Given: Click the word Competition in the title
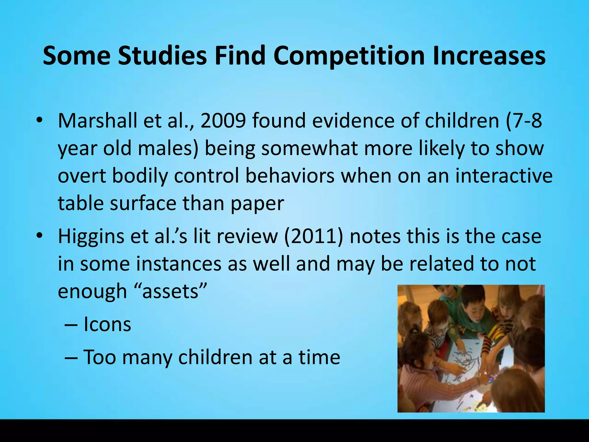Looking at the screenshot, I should point(349,56).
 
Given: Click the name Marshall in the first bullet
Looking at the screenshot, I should point(97,121).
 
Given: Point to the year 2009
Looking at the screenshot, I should point(223,121).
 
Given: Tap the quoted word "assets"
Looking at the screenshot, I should point(171,291).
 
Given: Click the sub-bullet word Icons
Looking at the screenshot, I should point(107,325).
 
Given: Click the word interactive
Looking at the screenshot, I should point(504,176).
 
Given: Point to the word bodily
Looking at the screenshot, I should point(140,176).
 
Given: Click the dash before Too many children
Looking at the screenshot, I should point(71,358).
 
